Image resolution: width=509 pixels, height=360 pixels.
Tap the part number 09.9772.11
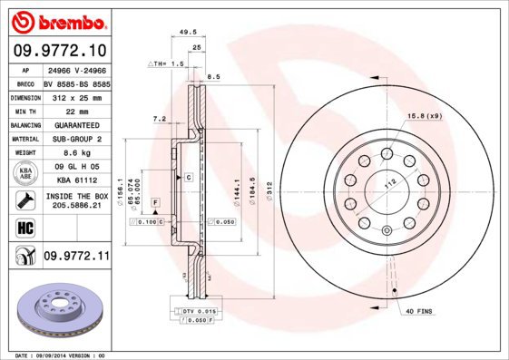(76, 258)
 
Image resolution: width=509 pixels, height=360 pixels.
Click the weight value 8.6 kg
(76, 154)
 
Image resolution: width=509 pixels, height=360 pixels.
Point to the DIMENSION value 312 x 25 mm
(76, 95)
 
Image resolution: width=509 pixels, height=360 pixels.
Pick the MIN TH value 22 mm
(76, 110)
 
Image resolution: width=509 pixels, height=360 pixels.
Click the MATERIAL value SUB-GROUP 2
(76, 140)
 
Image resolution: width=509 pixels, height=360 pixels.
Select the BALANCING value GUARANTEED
(76, 124)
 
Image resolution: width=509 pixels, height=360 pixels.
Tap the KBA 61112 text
(76, 180)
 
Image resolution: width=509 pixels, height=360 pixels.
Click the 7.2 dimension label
(160, 118)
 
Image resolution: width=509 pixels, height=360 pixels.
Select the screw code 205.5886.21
(76, 206)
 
